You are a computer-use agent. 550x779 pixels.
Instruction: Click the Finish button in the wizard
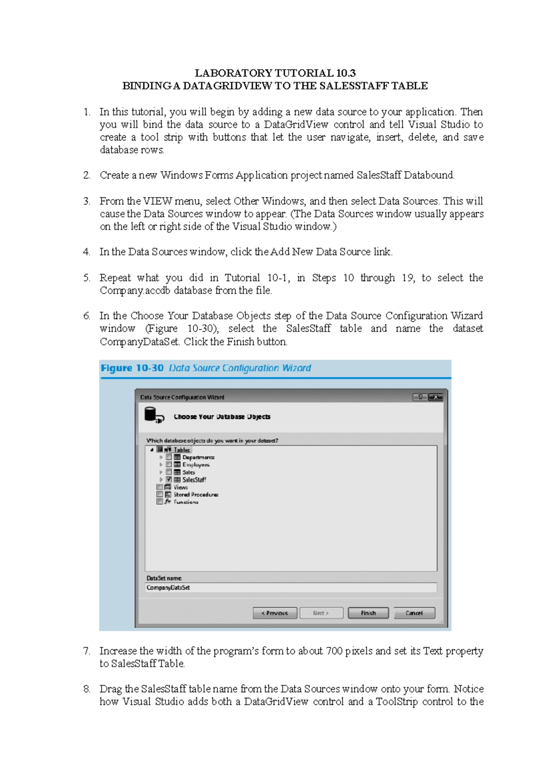coord(368,613)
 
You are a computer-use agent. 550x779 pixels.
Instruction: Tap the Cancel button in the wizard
coord(414,613)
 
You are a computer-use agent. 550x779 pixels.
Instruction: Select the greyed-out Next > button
coord(321,613)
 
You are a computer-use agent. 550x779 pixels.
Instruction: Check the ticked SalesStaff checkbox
coord(169,479)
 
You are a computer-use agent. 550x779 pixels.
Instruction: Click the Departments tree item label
coord(198,457)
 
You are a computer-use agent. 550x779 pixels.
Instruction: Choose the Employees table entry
coord(196,465)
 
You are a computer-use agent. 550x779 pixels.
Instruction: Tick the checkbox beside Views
coord(159,487)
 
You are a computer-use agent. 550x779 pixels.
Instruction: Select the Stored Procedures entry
coord(196,495)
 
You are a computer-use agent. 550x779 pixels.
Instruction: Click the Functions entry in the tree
coord(186,502)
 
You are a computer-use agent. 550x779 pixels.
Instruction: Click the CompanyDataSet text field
coord(291,588)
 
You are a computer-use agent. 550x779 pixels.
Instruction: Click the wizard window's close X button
coord(435,397)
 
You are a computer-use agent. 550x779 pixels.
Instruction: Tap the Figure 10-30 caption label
coord(132,368)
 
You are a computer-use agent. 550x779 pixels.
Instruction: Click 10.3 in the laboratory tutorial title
coord(346,73)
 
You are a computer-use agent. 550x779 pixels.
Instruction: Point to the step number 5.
coord(87,278)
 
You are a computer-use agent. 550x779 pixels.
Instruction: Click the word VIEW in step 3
coord(157,201)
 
